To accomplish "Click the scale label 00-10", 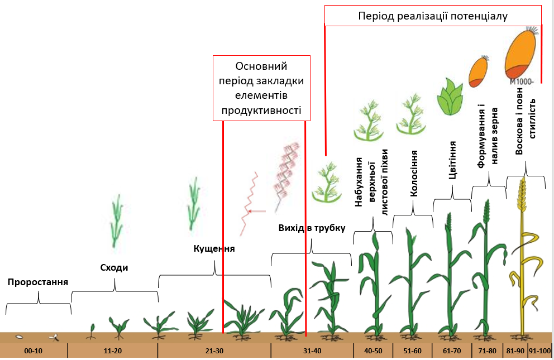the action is (x=33, y=351).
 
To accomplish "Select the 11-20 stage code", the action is (x=113, y=351).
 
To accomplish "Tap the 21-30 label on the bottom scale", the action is (x=214, y=351).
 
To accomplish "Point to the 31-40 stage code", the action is (x=312, y=351).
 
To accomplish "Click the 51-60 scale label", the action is (x=412, y=351).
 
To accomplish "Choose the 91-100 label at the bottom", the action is (x=540, y=351).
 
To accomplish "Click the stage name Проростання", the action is (x=38, y=282).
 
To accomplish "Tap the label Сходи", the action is (x=114, y=267).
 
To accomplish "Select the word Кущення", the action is (x=214, y=248).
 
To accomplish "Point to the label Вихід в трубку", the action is (x=312, y=228).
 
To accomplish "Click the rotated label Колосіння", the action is (x=414, y=173).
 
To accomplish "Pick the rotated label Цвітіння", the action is (x=452, y=160).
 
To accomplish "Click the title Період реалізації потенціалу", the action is (x=433, y=16).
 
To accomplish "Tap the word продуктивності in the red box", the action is (x=261, y=110).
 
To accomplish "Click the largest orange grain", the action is (x=521, y=53).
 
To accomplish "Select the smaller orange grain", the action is (x=478, y=71).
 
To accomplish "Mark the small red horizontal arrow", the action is (x=257, y=212).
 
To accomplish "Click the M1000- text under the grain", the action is (x=522, y=81).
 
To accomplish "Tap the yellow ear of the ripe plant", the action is (x=522, y=194).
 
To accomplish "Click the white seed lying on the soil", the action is (x=20, y=337).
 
